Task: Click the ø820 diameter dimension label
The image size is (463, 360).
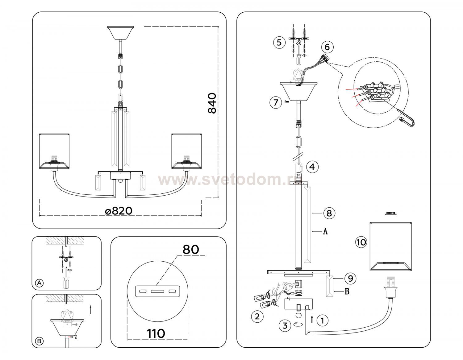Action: click(x=119, y=211)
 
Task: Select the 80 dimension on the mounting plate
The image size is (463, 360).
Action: click(x=190, y=249)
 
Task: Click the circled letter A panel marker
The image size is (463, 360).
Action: click(x=39, y=283)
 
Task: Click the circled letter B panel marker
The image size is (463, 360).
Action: click(x=39, y=341)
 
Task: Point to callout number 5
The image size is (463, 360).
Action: click(x=279, y=42)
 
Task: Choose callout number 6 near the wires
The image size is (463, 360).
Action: click(x=327, y=47)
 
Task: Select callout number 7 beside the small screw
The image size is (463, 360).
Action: click(x=276, y=102)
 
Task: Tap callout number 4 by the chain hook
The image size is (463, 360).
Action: click(x=312, y=167)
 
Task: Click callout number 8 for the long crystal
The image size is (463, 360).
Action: click(x=329, y=213)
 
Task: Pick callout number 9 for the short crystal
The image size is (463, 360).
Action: click(x=350, y=279)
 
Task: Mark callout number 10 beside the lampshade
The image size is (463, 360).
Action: click(x=361, y=242)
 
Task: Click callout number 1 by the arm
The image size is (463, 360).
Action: click(x=322, y=320)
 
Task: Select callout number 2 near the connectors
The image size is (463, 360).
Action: click(x=257, y=316)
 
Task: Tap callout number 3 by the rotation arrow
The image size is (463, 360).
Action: click(x=285, y=325)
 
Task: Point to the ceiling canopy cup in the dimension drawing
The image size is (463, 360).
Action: click(x=120, y=33)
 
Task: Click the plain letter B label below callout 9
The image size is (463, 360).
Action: click(x=347, y=291)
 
